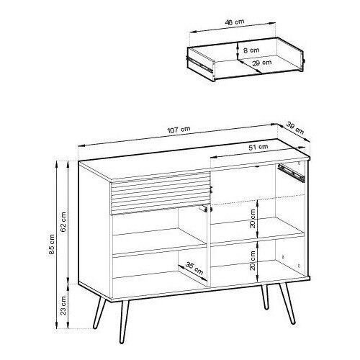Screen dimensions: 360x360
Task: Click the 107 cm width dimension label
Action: tap(179, 130)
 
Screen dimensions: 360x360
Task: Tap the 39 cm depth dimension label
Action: tap(295, 128)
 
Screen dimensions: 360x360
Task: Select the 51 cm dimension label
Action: tap(258, 147)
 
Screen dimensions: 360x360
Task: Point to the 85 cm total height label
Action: tap(52, 244)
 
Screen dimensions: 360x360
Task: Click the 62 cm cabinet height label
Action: tap(63, 222)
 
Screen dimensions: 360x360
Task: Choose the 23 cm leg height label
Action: tap(63, 305)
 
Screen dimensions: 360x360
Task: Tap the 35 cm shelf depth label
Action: tap(194, 269)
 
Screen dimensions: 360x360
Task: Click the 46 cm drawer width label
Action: tap(235, 22)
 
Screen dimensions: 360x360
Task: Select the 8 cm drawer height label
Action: tap(251, 50)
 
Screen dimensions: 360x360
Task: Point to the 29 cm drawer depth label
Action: tap(262, 63)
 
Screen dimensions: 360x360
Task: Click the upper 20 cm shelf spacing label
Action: tap(253, 218)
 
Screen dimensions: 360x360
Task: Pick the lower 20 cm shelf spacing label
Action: tap(253, 261)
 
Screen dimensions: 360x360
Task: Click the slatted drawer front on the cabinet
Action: tap(160, 193)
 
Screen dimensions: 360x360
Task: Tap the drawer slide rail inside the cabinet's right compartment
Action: tap(291, 173)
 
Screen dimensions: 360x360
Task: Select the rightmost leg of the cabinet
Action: tap(287, 303)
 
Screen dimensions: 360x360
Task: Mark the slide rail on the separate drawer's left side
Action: tap(200, 65)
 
